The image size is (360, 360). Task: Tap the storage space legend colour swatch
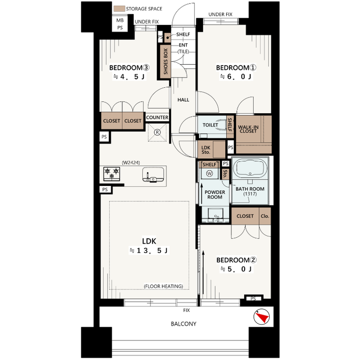(x=119, y=9)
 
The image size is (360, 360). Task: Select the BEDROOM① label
(x=233, y=68)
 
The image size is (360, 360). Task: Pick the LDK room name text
(x=150, y=241)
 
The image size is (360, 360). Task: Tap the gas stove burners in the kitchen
(x=111, y=173)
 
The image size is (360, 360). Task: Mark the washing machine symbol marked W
(x=209, y=174)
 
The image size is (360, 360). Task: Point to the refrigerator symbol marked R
(x=157, y=132)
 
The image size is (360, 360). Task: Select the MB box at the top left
(x=120, y=20)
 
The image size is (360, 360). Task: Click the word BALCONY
(x=183, y=324)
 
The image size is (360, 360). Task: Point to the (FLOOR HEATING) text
(x=163, y=286)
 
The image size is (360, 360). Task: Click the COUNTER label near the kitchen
(x=157, y=118)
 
